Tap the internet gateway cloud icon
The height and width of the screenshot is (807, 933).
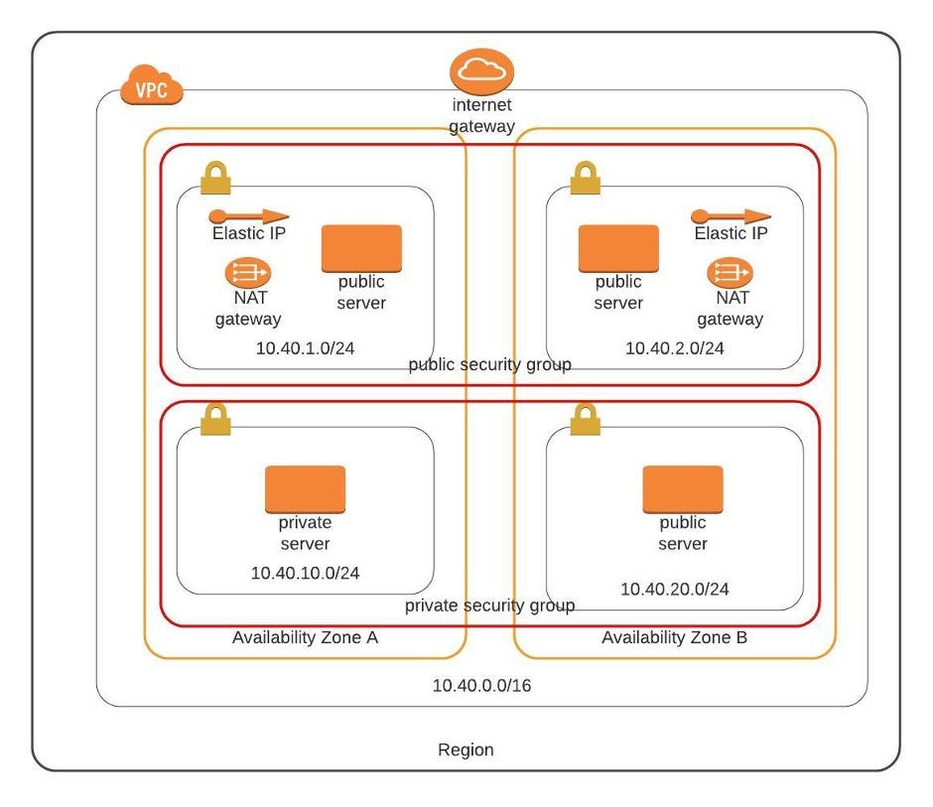tap(481, 72)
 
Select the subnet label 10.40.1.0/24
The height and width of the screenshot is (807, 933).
tap(305, 348)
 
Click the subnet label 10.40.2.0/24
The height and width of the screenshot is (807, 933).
tap(674, 348)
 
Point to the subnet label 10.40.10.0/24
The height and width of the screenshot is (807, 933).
tap(305, 573)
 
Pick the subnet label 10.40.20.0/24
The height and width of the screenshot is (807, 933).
tap(674, 589)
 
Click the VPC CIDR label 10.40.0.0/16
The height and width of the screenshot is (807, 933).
tap(481, 686)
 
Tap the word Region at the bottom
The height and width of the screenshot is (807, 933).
tap(466, 749)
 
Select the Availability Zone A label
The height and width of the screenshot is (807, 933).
tap(305, 637)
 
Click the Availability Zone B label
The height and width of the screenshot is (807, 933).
tap(674, 637)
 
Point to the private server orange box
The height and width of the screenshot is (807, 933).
tap(305, 488)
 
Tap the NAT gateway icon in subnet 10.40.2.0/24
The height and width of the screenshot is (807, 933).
tap(730, 272)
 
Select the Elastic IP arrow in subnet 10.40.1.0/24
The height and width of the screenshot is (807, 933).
tap(248, 215)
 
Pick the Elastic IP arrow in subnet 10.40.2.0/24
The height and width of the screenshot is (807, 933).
tap(731, 215)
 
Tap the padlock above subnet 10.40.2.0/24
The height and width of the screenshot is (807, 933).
tap(585, 178)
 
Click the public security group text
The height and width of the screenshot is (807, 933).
tap(489, 364)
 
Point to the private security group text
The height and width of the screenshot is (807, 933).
tap(489, 605)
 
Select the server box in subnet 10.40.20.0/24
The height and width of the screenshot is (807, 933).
tap(682, 488)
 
